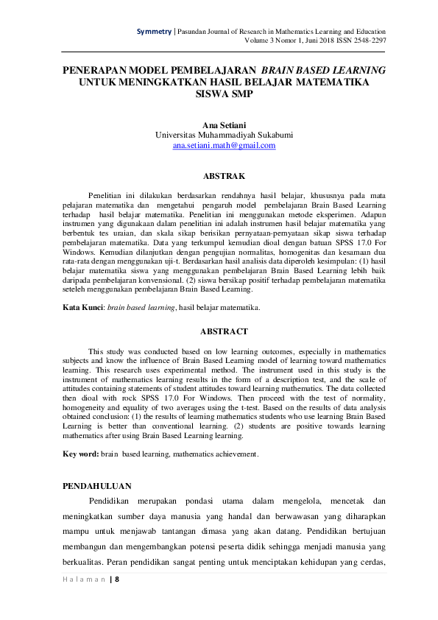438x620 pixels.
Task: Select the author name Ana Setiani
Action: pos(224,124)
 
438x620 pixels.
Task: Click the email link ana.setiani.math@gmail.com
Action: pos(224,146)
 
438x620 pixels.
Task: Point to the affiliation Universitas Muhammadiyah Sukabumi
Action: pos(224,135)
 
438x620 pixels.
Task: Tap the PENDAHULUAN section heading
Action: pos(97,486)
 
